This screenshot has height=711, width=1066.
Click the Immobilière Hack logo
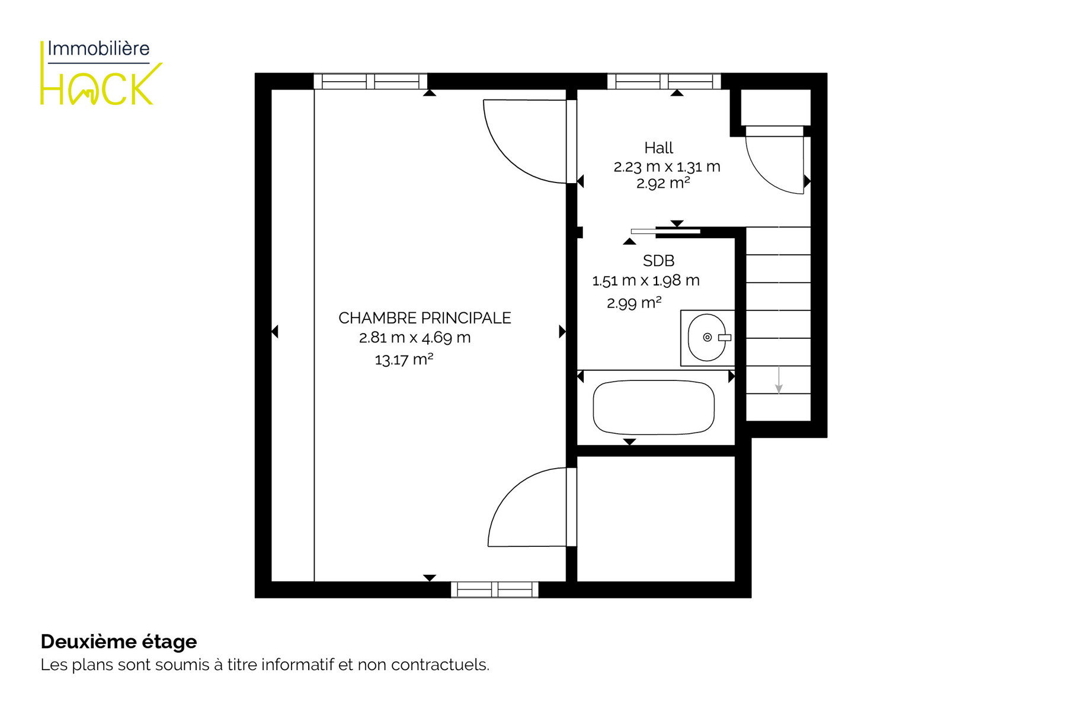pos(101,73)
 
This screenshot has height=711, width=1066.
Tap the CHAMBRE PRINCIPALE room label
pos(424,318)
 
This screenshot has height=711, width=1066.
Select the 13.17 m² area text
pos(404,359)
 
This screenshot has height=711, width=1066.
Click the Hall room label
pos(658,148)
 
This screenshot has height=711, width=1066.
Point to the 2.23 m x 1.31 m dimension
pos(667,166)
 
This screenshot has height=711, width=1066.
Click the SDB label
pos(658,261)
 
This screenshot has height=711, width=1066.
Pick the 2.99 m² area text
pos(634,303)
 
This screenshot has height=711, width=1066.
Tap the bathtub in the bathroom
pos(654,408)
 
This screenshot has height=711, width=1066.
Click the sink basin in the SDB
pos(707,338)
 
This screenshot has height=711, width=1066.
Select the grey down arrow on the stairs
pos(779,380)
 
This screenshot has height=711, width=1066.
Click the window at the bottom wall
pos(495,590)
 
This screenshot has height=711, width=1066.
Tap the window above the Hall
pos(664,81)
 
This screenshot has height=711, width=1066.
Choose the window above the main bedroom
pos(370,81)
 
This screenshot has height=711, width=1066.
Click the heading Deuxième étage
pos(119,642)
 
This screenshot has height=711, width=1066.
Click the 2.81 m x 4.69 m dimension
pos(415,338)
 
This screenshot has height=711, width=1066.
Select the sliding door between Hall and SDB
pos(665,231)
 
